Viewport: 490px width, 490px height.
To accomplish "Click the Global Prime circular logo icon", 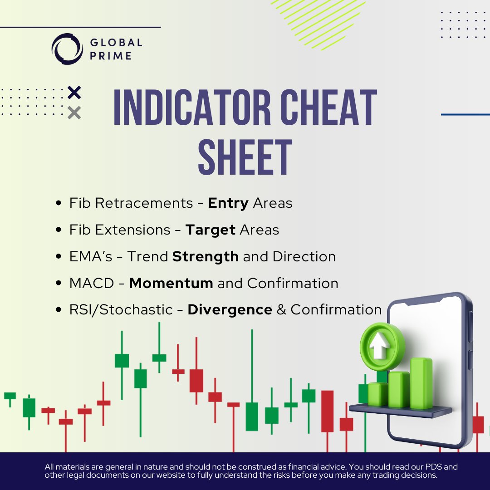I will pyautogui.click(x=68, y=49).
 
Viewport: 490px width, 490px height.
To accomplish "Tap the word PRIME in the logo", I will pyautogui.click(x=111, y=56).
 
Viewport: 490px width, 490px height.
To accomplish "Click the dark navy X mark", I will pyautogui.click(x=74, y=93).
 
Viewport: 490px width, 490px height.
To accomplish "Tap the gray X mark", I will pyautogui.click(x=74, y=113).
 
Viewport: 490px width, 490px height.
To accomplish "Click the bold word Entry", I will pyautogui.click(x=228, y=203).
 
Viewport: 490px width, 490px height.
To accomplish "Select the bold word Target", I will pyautogui.click(x=210, y=230).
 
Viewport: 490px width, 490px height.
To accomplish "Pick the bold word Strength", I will pyautogui.click(x=205, y=257).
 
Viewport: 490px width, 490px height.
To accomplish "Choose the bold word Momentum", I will pyautogui.click(x=171, y=284).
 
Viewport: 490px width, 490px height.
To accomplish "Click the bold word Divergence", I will pyautogui.click(x=230, y=310).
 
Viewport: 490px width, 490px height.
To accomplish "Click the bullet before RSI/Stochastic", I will pyautogui.click(x=59, y=310).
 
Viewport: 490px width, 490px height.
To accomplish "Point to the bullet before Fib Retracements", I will pyautogui.click(x=59, y=204).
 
